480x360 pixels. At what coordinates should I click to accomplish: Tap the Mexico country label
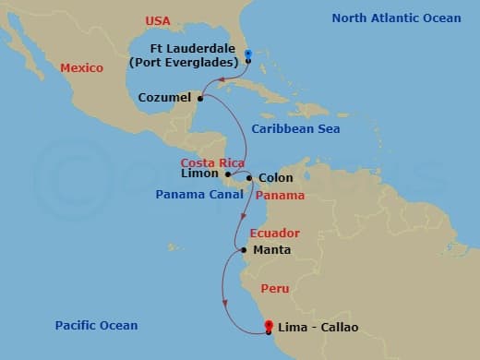(81, 67)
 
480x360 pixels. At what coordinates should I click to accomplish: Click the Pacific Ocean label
(96, 325)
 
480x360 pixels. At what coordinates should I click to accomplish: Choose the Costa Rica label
(211, 162)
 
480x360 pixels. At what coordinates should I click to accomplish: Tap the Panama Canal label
(198, 196)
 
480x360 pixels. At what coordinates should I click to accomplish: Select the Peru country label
(274, 289)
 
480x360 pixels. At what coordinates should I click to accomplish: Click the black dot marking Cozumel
(200, 97)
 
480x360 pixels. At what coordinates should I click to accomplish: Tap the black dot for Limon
(228, 174)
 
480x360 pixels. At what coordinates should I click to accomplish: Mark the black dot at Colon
(248, 177)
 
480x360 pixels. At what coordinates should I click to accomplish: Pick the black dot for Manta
(242, 250)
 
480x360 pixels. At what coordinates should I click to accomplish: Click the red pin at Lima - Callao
(269, 325)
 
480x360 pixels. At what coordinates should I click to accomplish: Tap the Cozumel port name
(164, 97)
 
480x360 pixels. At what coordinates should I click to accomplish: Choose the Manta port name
(271, 250)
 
